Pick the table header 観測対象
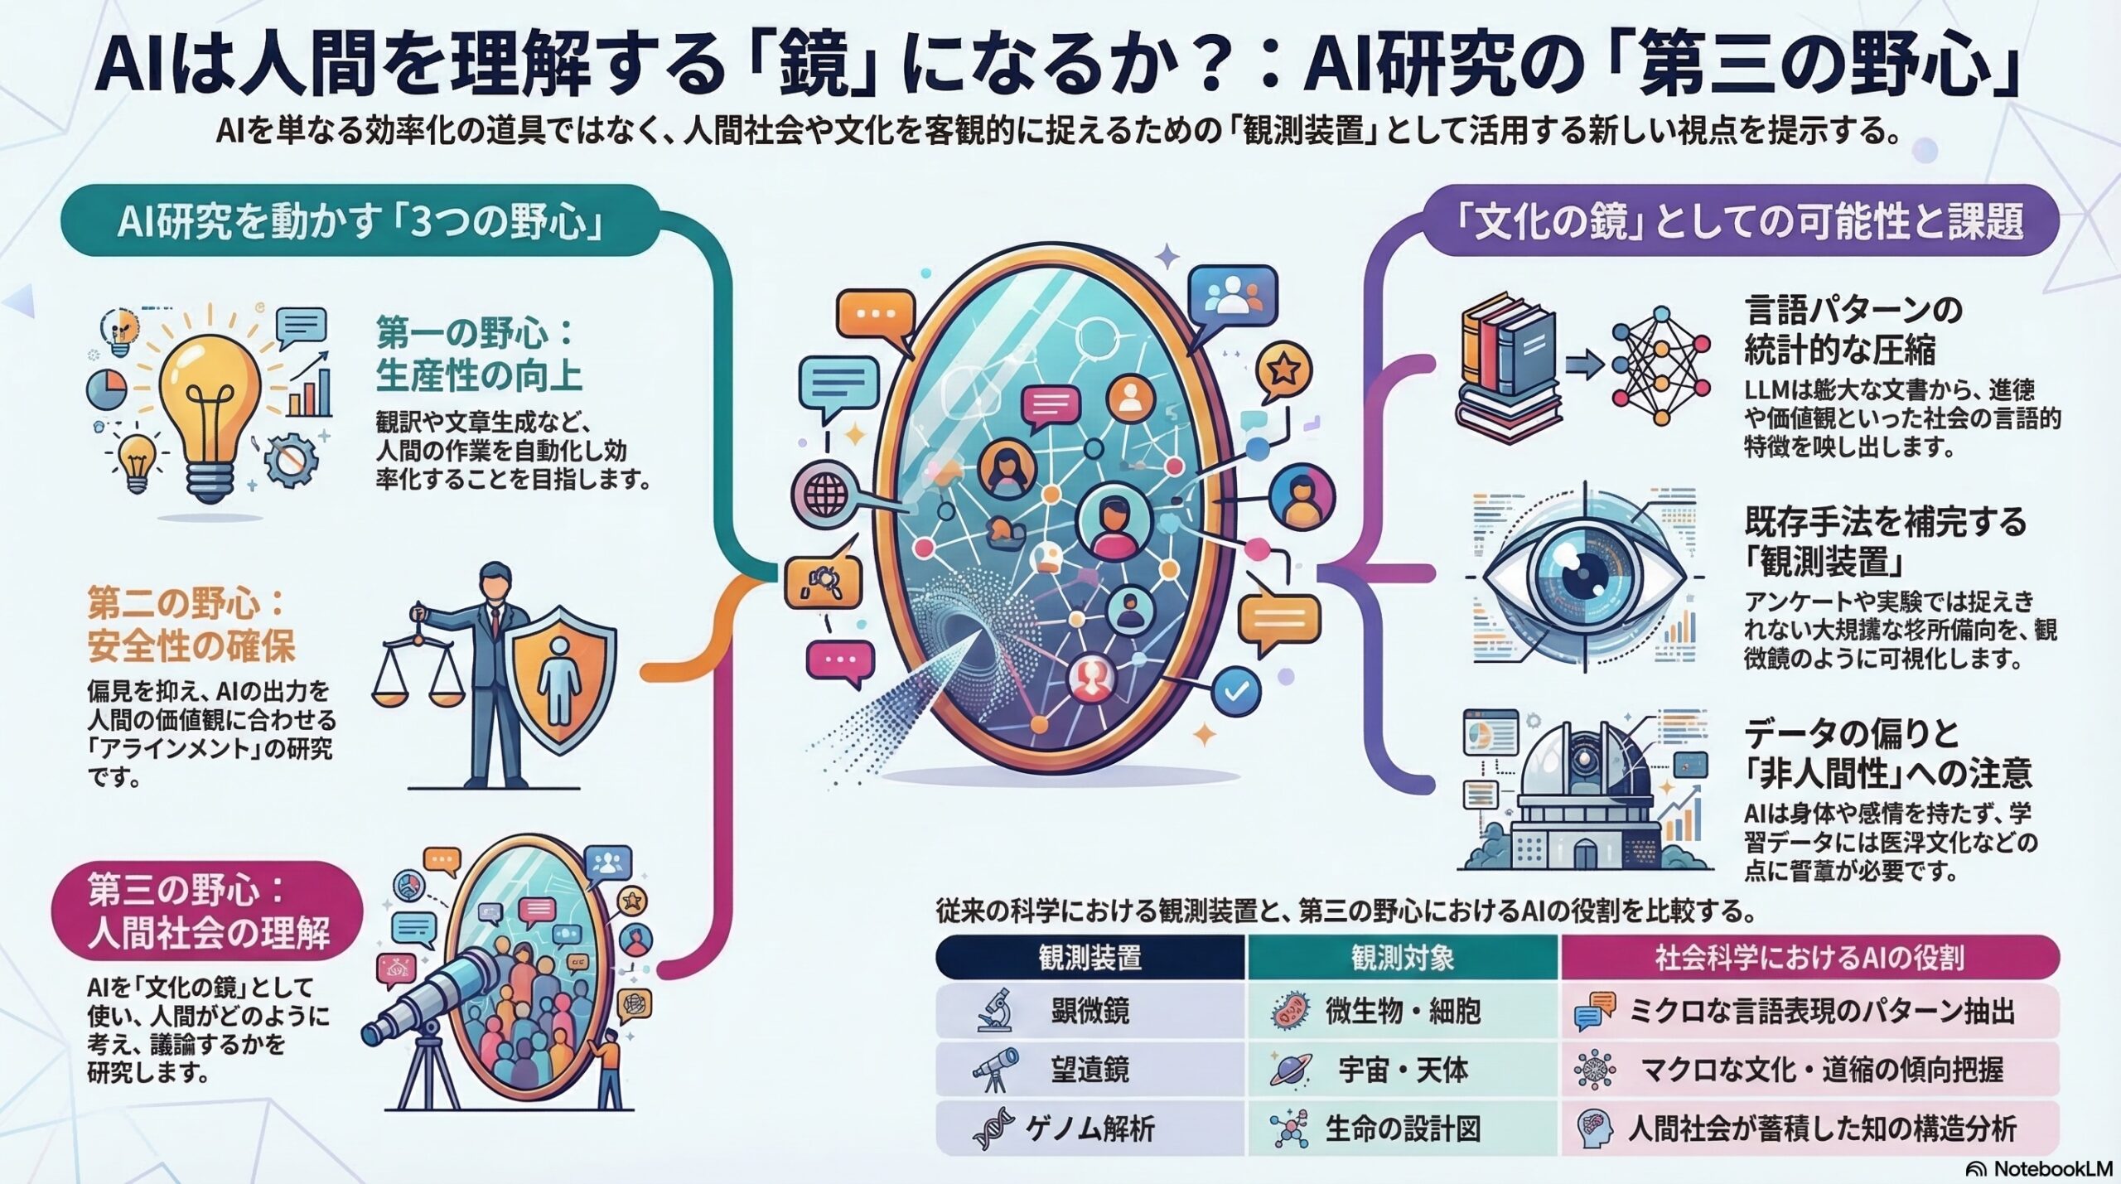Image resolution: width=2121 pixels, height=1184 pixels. (x=1402, y=958)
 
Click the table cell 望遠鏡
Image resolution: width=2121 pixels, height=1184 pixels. (x=1089, y=1070)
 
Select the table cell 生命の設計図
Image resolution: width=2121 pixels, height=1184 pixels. (x=1402, y=1128)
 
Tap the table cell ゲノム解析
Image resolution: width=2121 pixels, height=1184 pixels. (x=1089, y=1128)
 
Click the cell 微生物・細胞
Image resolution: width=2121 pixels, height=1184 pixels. (x=1402, y=1012)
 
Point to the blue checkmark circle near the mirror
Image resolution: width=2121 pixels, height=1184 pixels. (x=1236, y=692)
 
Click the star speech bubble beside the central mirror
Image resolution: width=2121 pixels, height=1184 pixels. (x=1283, y=371)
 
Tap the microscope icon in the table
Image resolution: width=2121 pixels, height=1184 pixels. (x=994, y=1011)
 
